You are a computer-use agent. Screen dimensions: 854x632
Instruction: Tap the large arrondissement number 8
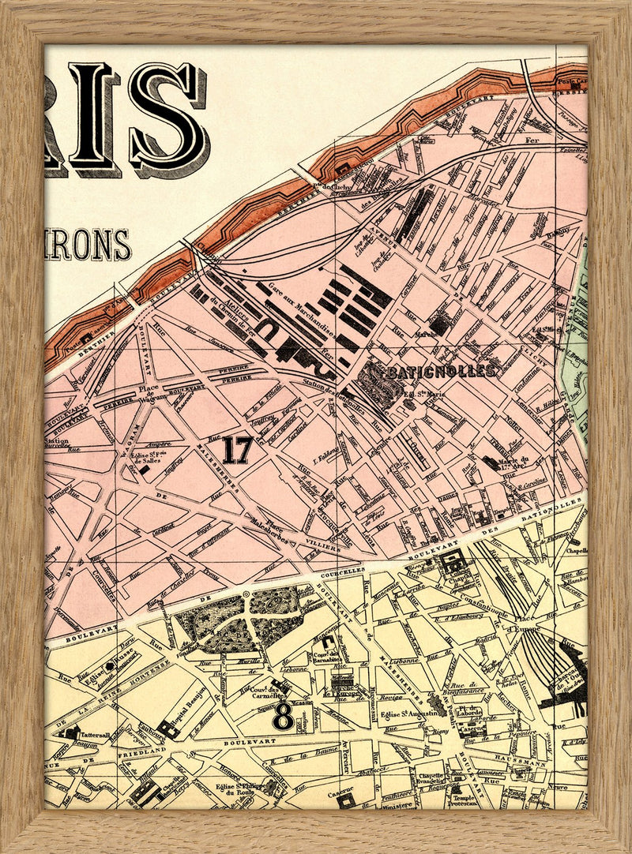pyautogui.click(x=282, y=717)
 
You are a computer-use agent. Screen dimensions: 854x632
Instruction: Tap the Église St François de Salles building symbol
pyautogui.click(x=145, y=469)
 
